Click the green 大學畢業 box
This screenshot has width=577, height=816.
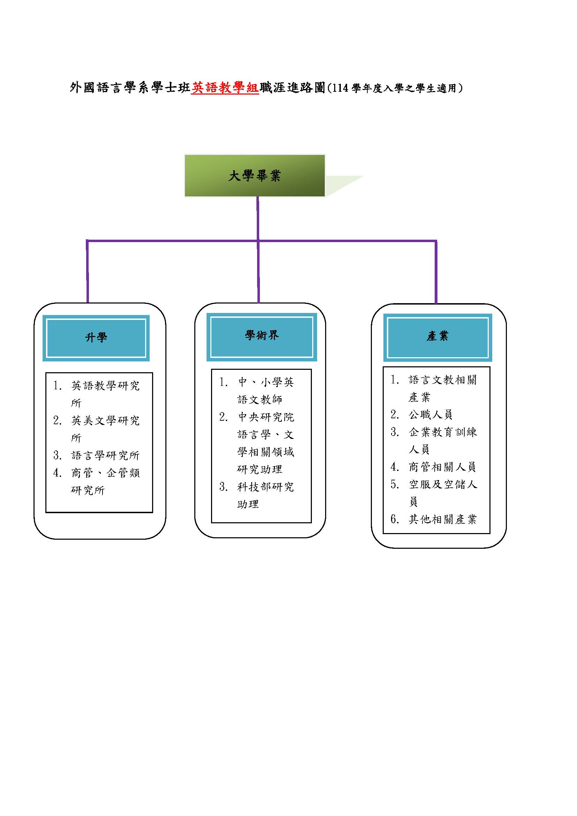click(254, 175)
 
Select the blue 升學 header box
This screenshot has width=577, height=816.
click(96, 338)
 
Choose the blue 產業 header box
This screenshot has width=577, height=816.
click(437, 337)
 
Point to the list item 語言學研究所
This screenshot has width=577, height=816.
click(105, 455)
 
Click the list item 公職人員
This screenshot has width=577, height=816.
click(430, 414)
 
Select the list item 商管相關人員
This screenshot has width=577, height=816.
click(442, 467)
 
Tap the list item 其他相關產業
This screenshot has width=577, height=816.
click(442, 519)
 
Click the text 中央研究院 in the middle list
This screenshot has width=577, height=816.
click(266, 417)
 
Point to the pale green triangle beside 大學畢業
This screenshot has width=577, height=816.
click(341, 184)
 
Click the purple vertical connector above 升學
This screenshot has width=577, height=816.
click(88, 272)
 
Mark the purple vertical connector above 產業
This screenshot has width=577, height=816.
click(436, 272)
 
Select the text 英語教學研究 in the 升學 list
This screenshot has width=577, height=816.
click(105, 385)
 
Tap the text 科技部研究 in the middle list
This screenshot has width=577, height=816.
click(265, 487)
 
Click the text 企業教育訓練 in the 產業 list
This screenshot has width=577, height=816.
click(443, 432)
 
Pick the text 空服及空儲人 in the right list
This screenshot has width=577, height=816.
click(443, 484)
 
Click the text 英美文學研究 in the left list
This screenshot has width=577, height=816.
click(105, 420)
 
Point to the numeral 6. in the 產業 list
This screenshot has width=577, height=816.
click(395, 519)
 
